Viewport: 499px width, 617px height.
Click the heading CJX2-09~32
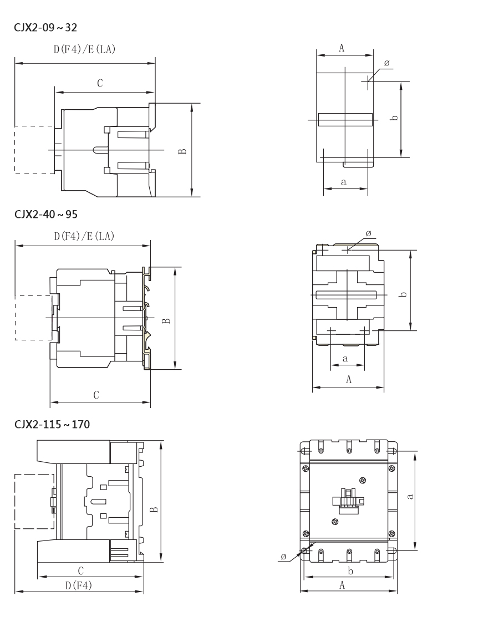pyautogui.click(x=45, y=28)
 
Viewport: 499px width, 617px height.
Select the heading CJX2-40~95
pyautogui.click(x=46, y=215)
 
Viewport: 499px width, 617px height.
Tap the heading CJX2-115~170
pyautogui.click(x=52, y=425)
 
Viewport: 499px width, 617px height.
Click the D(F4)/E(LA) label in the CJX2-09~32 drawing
pyautogui.click(x=85, y=49)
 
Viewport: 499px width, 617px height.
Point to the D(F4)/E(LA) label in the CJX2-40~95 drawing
pyautogui.click(x=84, y=236)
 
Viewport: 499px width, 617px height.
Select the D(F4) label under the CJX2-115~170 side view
pyautogui.click(x=79, y=585)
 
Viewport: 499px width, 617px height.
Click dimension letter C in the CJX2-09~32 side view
pyautogui.click(x=100, y=83)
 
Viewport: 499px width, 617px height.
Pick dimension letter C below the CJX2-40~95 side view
pyautogui.click(x=96, y=395)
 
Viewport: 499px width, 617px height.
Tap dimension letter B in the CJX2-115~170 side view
pyautogui.click(x=154, y=509)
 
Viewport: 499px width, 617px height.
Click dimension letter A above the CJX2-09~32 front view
pyautogui.click(x=342, y=48)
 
